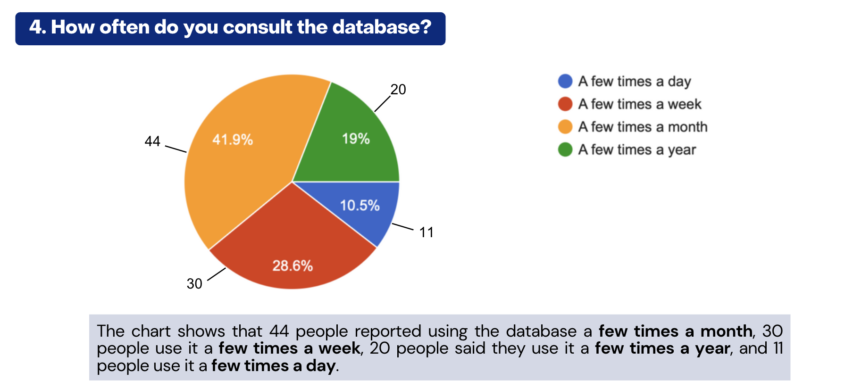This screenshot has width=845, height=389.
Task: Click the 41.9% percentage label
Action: click(x=233, y=140)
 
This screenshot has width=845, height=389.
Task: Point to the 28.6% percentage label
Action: click(x=293, y=266)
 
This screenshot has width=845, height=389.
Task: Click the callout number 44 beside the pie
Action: click(x=152, y=141)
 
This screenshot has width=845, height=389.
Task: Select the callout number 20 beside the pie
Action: click(x=398, y=90)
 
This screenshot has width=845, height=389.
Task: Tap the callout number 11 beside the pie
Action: click(x=427, y=232)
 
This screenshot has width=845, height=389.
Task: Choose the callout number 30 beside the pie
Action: click(x=194, y=284)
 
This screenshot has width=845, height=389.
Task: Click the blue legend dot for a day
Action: click(x=565, y=81)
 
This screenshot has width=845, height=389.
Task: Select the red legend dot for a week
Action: click(x=565, y=104)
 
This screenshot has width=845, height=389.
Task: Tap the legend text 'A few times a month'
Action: click(x=643, y=127)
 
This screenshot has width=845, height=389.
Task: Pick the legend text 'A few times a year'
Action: click(x=637, y=149)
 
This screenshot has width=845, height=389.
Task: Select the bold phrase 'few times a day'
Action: click(x=274, y=366)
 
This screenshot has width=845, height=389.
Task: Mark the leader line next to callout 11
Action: click(x=402, y=227)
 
